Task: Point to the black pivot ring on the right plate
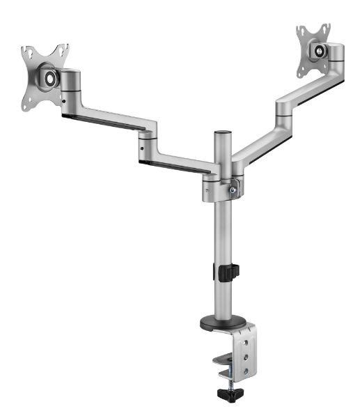320,50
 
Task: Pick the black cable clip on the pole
228,272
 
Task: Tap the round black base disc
222,323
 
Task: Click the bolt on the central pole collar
235,188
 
